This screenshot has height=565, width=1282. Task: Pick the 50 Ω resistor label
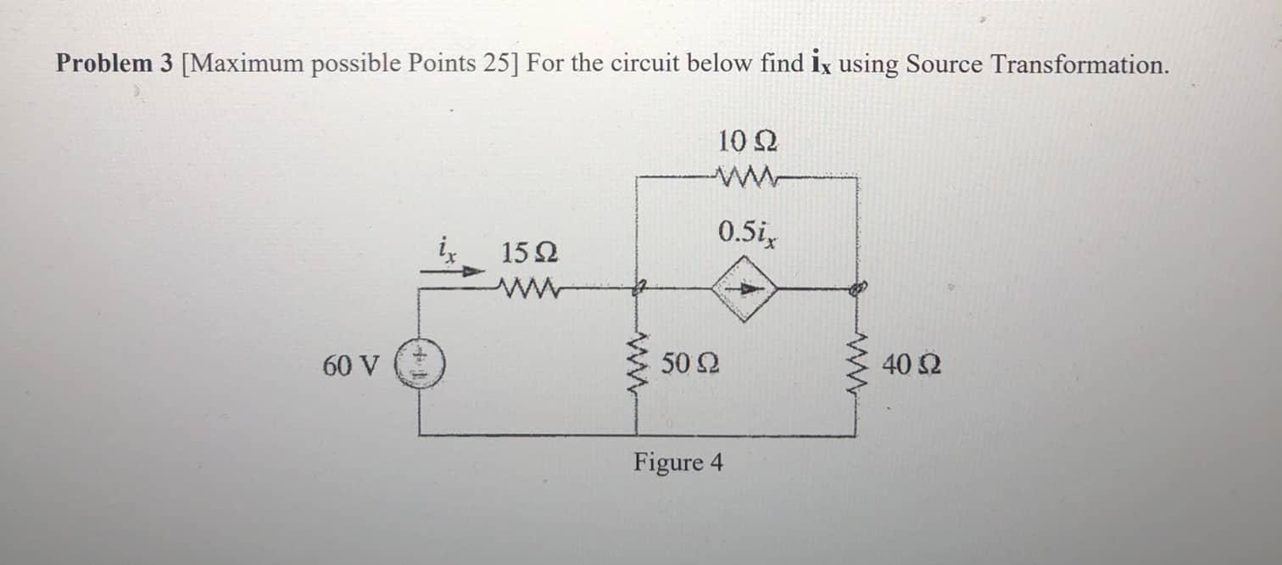pos(691,366)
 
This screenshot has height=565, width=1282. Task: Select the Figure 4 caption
pos(679,463)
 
